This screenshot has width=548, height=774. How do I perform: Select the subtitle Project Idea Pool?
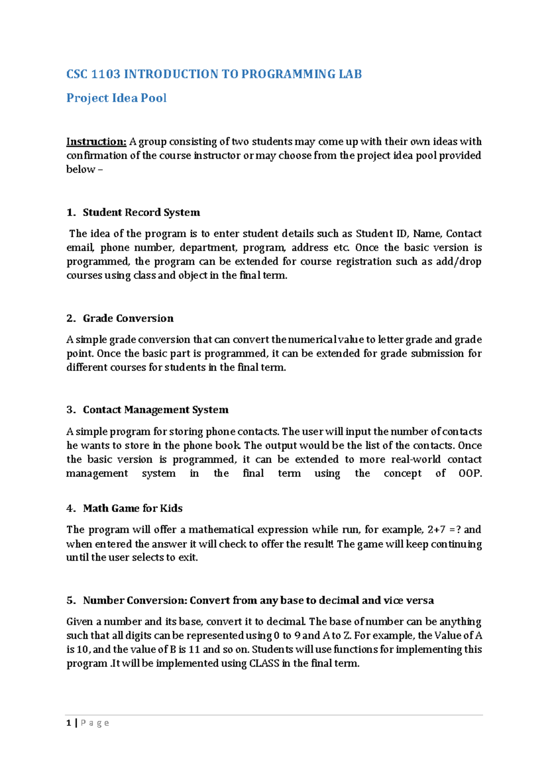click(x=116, y=98)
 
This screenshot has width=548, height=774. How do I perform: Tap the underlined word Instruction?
click(x=96, y=141)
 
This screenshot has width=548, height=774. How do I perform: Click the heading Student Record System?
click(x=141, y=212)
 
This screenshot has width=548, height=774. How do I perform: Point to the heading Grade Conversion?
click(x=128, y=318)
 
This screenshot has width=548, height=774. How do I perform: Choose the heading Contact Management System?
click(x=155, y=410)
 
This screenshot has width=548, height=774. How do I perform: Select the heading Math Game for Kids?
click(x=132, y=508)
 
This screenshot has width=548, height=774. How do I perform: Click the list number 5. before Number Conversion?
click(x=71, y=601)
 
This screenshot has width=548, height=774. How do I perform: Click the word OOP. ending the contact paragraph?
click(x=470, y=473)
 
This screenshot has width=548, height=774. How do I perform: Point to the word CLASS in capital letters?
click(x=264, y=663)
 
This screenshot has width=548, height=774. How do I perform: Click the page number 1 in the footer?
click(x=68, y=723)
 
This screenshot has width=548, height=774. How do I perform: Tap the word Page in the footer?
click(x=95, y=723)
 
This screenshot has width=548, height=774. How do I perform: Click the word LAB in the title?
click(x=350, y=74)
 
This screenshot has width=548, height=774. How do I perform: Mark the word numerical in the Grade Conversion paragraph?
click(x=312, y=340)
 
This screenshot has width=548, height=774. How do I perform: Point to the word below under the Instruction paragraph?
click(x=80, y=169)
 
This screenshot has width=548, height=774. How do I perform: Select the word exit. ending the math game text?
click(x=188, y=558)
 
